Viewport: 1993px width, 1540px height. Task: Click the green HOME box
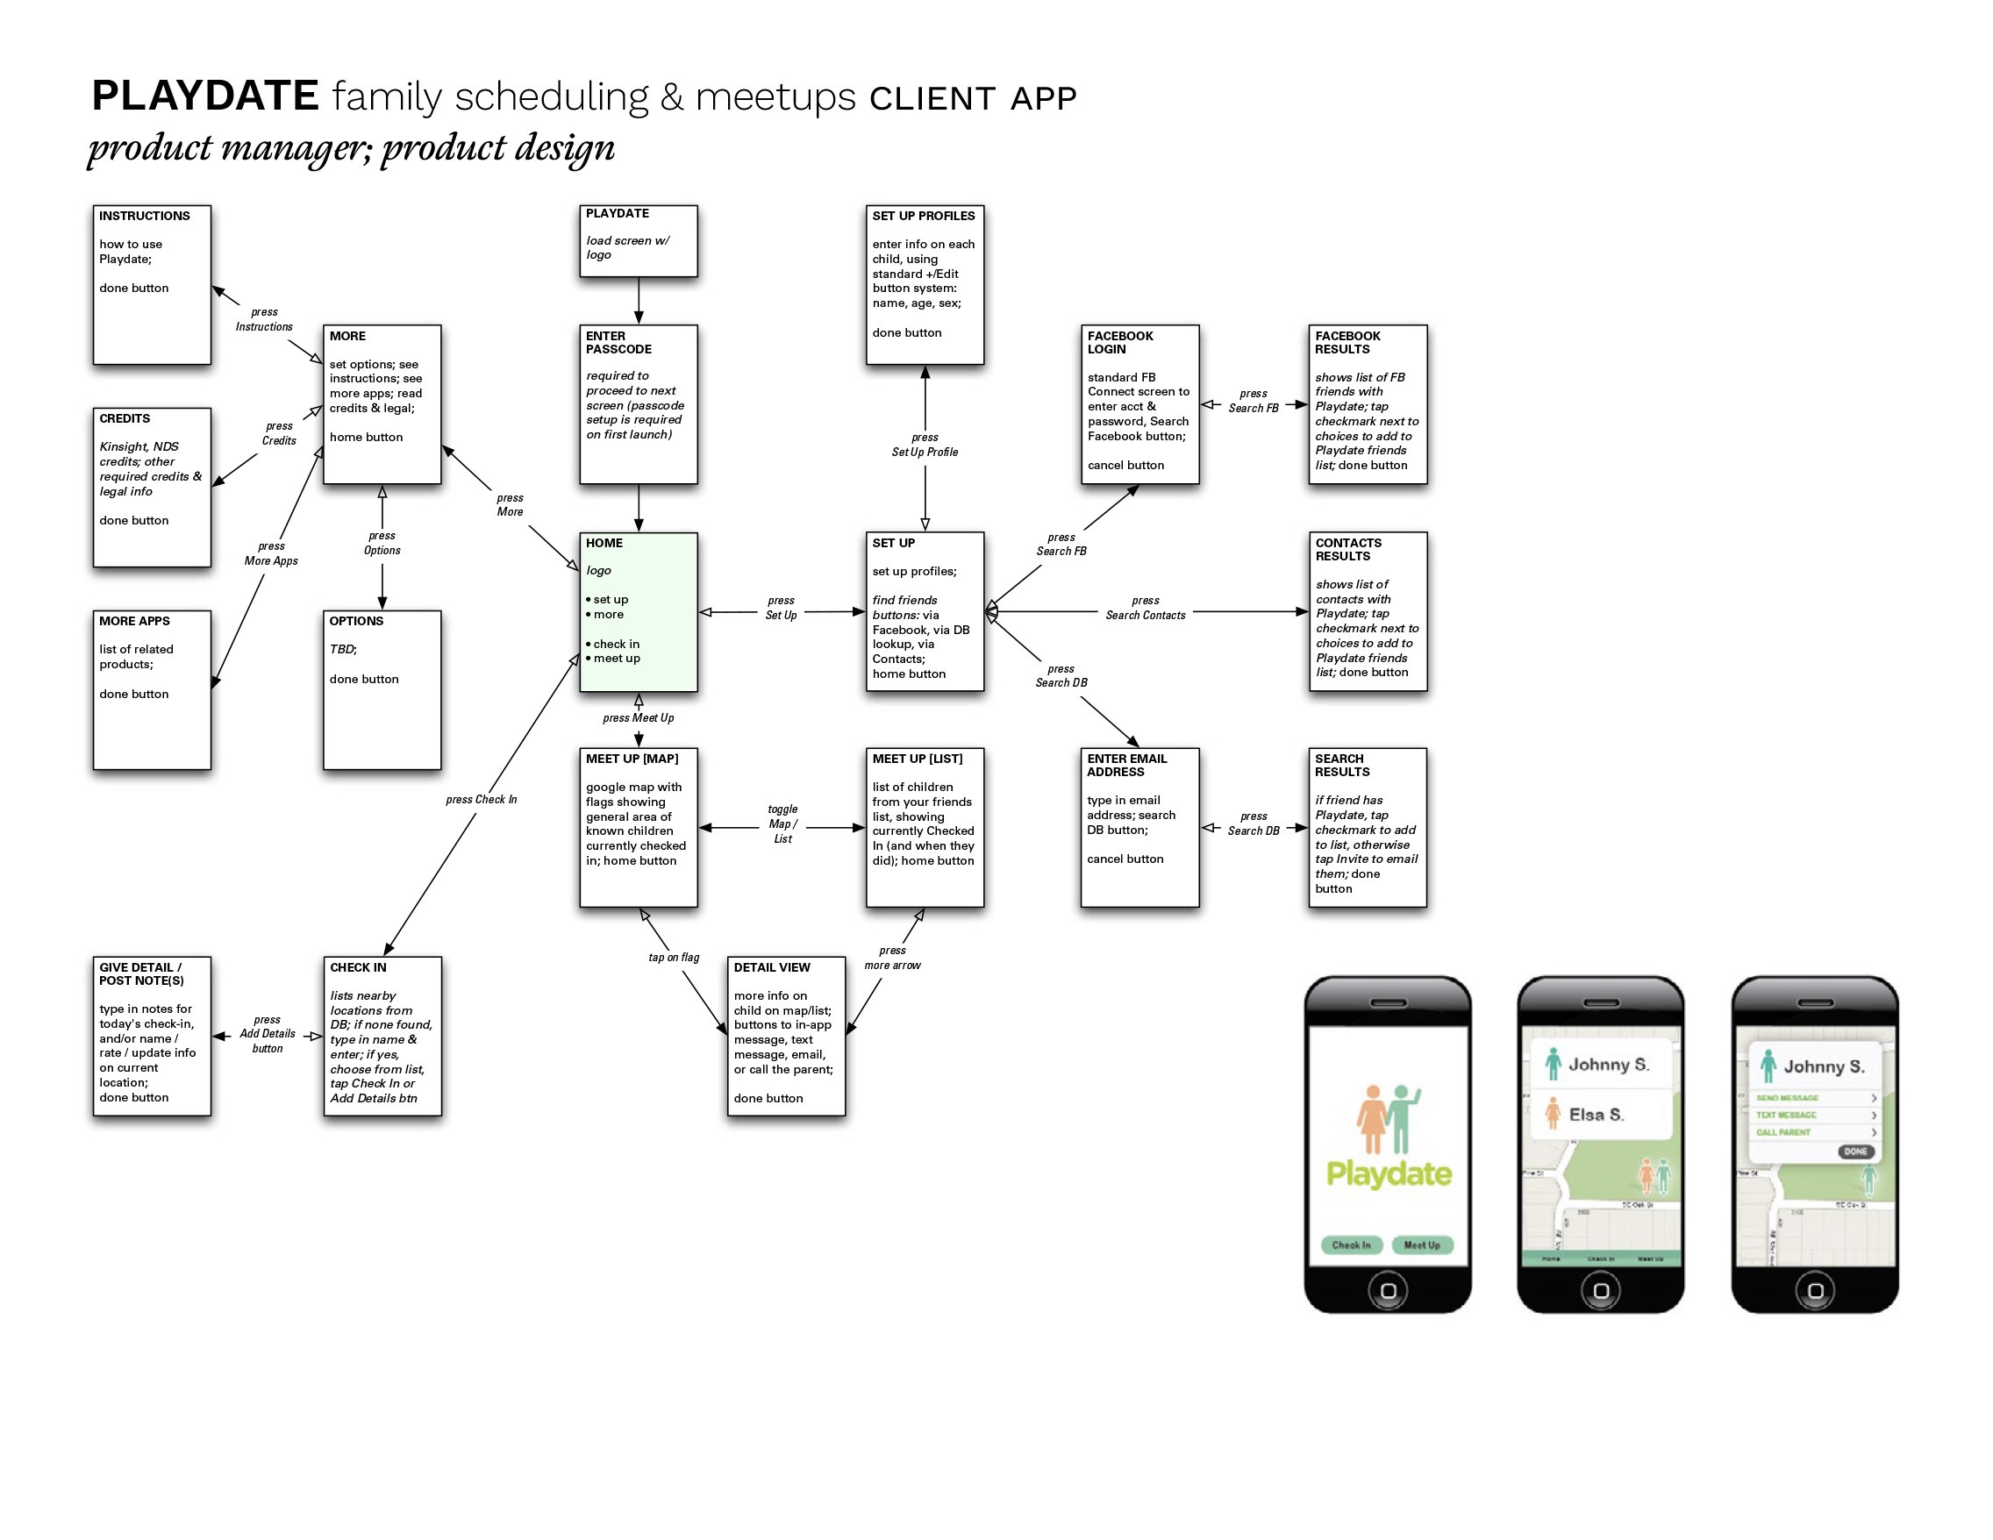(x=638, y=611)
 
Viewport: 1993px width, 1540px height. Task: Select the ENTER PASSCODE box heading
(x=618, y=342)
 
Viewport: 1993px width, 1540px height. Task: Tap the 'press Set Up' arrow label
(x=780, y=608)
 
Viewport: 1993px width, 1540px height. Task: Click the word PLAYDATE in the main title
(x=204, y=96)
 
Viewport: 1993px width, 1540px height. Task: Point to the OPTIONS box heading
(x=356, y=621)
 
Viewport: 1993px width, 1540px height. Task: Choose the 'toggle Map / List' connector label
(x=782, y=823)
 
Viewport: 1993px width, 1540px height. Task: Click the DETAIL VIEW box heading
(x=771, y=967)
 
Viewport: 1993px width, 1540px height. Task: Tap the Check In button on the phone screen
(x=1351, y=1244)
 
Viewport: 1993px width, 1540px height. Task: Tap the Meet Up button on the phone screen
(x=1422, y=1244)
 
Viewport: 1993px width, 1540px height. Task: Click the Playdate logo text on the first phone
(x=1388, y=1173)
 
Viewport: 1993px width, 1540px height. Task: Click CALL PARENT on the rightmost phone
(x=1783, y=1132)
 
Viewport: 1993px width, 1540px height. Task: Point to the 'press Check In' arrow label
(x=481, y=799)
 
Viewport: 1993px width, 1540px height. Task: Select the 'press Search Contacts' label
(x=1146, y=608)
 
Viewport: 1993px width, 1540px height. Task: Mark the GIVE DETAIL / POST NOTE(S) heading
(x=141, y=973)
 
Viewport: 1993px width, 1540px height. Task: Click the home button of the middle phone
(x=1601, y=1290)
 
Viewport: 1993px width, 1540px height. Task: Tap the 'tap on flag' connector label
(x=674, y=957)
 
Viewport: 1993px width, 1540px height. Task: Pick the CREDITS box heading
(x=125, y=418)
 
